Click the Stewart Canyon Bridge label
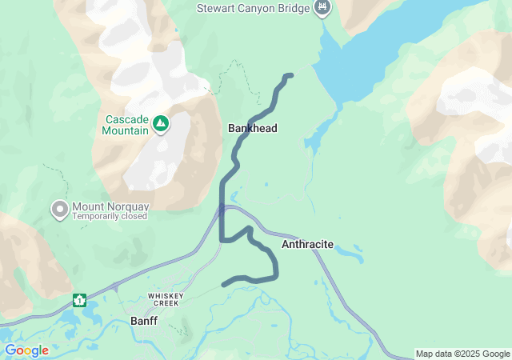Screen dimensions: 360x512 tap(254, 8)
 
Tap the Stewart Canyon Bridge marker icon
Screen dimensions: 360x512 tap(322, 8)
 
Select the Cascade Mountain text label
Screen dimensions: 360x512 tap(127, 125)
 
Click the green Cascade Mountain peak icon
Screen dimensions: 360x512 tap(161, 123)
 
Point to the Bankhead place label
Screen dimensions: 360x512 tap(252, 128)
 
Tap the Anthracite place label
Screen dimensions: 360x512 tap(307, 244)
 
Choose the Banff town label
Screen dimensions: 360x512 tap(144, 322)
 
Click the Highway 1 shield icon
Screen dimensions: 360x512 tap(80, 300)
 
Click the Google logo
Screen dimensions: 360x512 tap(26, 350)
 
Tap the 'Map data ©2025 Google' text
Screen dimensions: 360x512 tap(462, 354)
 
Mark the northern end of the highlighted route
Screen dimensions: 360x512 tap(290, 75)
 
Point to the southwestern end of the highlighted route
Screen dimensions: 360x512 tap(224, 284)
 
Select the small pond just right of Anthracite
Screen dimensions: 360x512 tap(350, 255)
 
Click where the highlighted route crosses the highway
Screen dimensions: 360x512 tap(222, 210)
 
